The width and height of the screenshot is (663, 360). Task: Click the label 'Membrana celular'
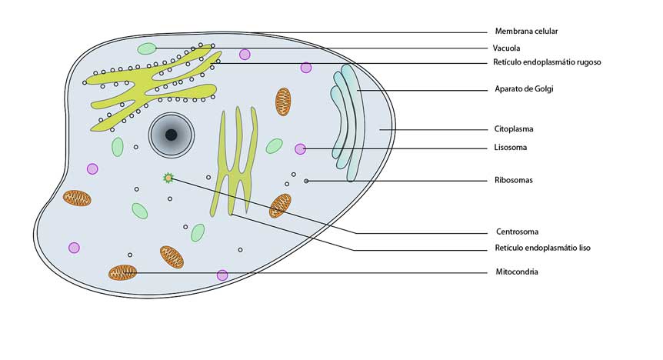pyautogui.click(x=525, y=32)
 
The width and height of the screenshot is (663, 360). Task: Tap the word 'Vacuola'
pyautogui.click(x=508, y=48)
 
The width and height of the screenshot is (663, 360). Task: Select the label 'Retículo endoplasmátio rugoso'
pyautogui.click(x=546, y=62)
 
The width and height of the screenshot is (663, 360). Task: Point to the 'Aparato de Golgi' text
pyautogui.click(x=523, y=89)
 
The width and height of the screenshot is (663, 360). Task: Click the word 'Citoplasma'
pyautogui.click(x=513, y=129)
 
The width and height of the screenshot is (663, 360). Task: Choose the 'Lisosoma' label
pyautogui.click(x=510, y=147)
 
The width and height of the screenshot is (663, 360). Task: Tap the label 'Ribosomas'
pyautogui.click(x=513, y=181)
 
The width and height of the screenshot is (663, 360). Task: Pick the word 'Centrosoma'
pyautogui.click(x=516, y=232)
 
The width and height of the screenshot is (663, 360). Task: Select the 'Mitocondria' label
pyautogui.click(x=516, y=272)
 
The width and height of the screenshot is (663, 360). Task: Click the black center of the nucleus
pyautogui.click(x=171, y=135)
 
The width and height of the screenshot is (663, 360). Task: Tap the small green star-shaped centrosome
pyautogui.click(x=168, y=178)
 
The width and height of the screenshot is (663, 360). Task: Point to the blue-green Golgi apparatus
pyautogui.click(x=348, y=123)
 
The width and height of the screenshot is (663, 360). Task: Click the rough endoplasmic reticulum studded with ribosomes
pyautogui.click(x=154, y=82)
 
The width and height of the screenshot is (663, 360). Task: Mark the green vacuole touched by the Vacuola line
pyautogui.click(x=147, y=49)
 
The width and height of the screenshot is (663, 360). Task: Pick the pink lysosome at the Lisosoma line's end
pyautogui.click(x=300, y=148)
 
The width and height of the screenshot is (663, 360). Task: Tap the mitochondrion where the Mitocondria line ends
pyautogui.click(x=122, y=272)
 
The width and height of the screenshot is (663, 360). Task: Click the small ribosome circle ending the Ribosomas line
pyautogui.click(x=306, y=181)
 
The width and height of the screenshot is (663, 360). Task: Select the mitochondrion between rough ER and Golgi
pyautogui.click(x=284, y=101)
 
